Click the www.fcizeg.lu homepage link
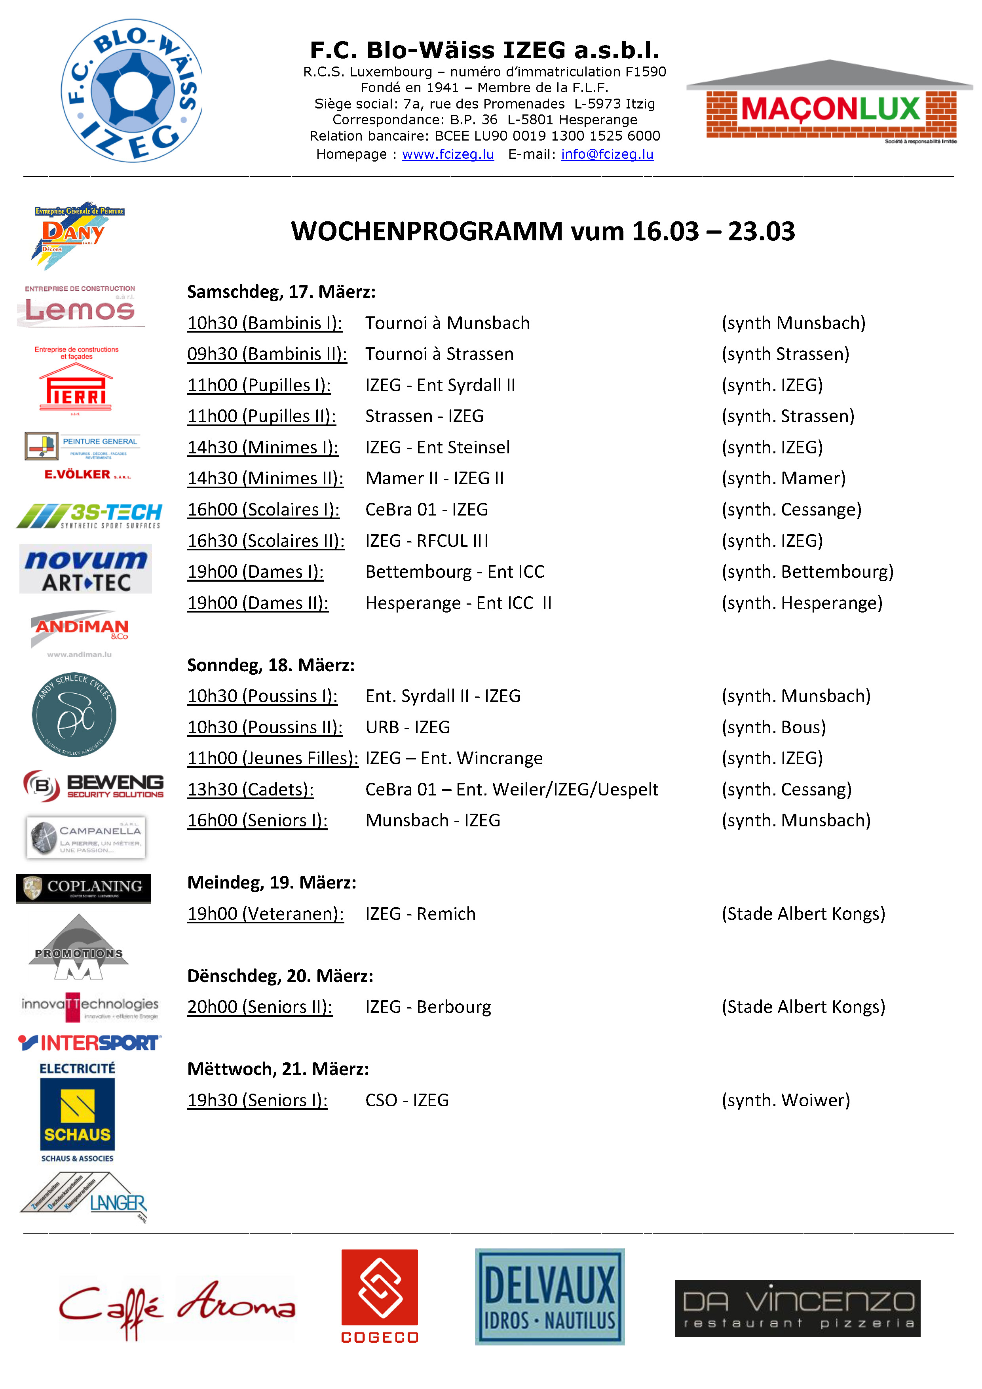click(x=448, y=154)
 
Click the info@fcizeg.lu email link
click(x=607, y=154)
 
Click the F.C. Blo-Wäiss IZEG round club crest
click(x=132, y=91)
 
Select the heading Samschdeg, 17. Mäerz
click(x=281, y=291)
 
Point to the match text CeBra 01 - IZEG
click(x=426, y=509)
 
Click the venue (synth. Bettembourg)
click(x=807, y=572)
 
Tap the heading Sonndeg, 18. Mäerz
click(x=271, y=665)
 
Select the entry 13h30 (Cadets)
click(x=250, y=790)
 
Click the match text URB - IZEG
click(x=408, y=727)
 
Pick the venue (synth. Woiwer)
click(x=785, y=1100)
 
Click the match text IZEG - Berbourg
click(x=428, y=1007)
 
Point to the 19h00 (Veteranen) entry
click(x=266, y=913)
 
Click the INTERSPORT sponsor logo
click(x=89, y=1043)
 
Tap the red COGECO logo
click(x=380, y=1296)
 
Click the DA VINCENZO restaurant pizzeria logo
click(x=797, y=1307)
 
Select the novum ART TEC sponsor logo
click(x=86, y=569)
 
